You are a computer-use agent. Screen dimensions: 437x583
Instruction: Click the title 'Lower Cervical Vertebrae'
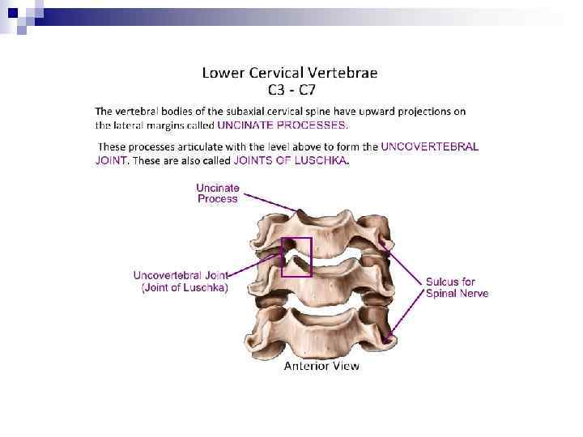click(289, 73)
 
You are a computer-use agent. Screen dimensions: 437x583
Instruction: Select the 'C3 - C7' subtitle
click(291, 90)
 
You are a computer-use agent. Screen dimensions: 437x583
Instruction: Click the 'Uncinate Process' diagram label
click(218, 193)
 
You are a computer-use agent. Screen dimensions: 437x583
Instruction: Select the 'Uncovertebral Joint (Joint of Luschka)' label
click(181, 281)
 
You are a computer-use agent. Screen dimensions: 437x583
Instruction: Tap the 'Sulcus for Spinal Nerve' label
click(457, 287)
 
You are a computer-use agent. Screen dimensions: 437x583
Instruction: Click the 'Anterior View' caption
click(321, 366)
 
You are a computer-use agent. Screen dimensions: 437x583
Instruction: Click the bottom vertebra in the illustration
click(320, 328)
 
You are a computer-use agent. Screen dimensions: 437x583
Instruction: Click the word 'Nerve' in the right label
click(473, 293)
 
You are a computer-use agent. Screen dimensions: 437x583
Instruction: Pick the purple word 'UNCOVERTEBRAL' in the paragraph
click(430, 147)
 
